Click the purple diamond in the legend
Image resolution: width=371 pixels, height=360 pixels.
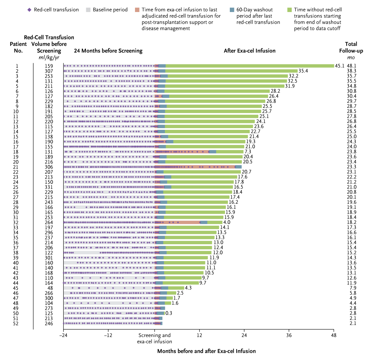(30, 10)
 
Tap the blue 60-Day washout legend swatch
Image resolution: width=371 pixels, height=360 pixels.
(232, 10)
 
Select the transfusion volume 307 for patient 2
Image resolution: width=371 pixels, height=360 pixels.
(49, 71)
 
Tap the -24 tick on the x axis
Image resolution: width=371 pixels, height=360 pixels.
(63, 335)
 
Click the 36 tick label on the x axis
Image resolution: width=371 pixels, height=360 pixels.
(289, 335)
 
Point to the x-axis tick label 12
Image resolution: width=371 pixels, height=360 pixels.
(199, 335)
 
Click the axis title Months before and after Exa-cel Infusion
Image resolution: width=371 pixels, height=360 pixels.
(206, 351)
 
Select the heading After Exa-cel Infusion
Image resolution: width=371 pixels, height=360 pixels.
(249, 51)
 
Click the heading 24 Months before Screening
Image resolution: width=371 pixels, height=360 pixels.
(108, 51)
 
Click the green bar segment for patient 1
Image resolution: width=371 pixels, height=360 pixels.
(249, 66)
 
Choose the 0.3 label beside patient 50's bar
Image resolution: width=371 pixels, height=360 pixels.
(169, 313)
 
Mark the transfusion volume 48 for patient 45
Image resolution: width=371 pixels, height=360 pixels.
(50, 288)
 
